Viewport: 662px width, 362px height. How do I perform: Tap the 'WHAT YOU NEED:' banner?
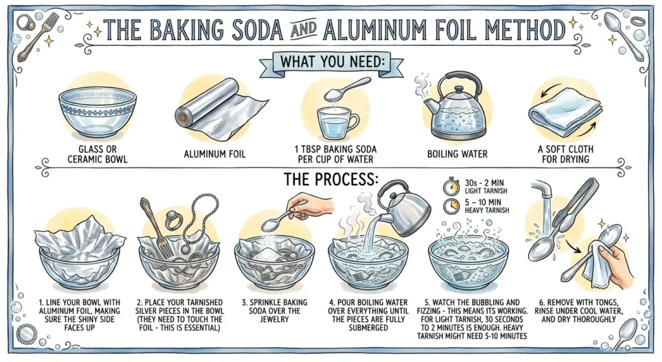(330, 61)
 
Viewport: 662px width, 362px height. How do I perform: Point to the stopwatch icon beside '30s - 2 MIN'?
(451, 188)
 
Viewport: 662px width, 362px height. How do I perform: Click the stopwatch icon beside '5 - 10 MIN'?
(451, 207)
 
